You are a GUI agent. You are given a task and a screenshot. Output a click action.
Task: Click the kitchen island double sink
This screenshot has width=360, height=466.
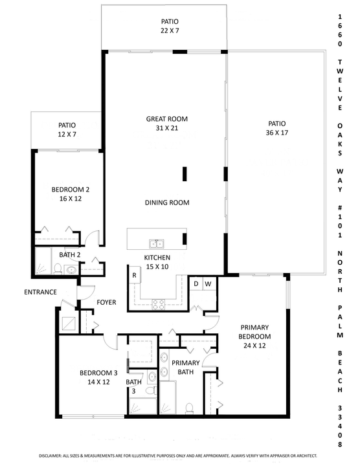coord(156,244)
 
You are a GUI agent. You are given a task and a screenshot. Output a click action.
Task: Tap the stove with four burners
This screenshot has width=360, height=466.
coord(159,304)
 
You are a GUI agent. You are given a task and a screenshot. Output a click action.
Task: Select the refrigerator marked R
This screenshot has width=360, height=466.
coord(134,274)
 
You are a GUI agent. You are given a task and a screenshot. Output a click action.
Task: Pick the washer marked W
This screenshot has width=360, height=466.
coord(208,283)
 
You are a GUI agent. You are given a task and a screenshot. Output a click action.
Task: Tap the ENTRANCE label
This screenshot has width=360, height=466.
coord(41,292)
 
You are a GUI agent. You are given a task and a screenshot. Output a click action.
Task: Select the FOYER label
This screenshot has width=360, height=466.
coord(106,302)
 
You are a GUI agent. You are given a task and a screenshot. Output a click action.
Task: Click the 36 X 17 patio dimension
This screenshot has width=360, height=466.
coord(276,133)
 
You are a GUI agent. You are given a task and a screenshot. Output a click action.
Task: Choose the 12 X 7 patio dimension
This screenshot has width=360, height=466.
coord(67,135)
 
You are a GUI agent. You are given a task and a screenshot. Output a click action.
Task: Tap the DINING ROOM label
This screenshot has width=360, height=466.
coord(166,203)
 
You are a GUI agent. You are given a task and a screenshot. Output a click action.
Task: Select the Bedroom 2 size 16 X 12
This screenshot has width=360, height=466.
coord(70,199)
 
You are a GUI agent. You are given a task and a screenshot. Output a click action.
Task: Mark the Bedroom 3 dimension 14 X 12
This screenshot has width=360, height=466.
coord(98,383)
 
